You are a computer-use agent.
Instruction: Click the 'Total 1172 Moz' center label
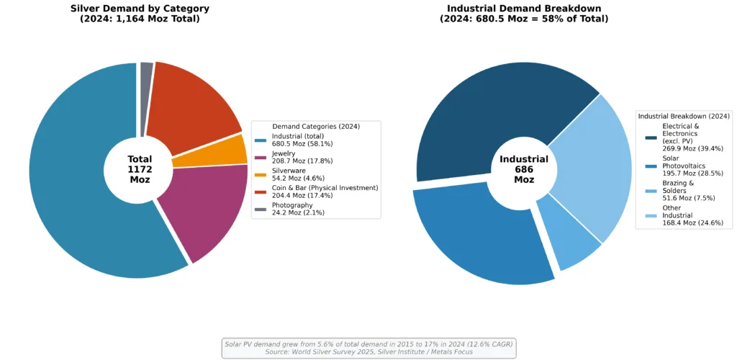coord(140,169)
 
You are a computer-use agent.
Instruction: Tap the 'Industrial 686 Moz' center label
coord(524,169)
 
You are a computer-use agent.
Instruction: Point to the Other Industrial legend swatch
coord(651,215)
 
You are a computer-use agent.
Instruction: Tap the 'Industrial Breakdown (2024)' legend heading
coord(684,116)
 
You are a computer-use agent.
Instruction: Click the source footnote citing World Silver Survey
coord(368,352)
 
